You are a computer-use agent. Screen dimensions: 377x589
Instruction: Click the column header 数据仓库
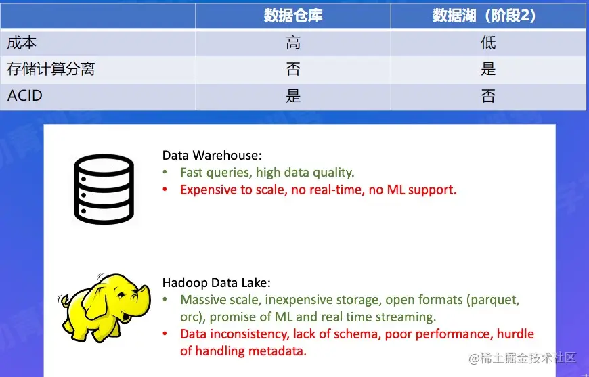tap(293, 16)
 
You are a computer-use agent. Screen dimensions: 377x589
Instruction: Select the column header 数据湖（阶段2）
tap(488, 16)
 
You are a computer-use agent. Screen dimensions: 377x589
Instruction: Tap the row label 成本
tap(22, 43)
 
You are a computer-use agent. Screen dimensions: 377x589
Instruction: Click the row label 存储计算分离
tap(51, 69)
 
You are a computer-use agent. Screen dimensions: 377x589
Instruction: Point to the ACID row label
tap(25, 95)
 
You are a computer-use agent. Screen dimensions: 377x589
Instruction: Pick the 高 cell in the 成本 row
tap(293, 43)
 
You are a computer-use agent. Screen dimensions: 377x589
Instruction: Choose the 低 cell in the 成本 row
tap(488, 43)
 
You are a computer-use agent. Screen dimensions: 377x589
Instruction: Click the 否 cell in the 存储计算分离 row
tap(293, 69)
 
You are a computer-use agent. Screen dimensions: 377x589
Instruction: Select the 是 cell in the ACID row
tap(293, 95)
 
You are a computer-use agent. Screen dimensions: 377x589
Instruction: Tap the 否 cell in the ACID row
tap(488, 95)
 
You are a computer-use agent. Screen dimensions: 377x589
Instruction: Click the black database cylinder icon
tap(104, 189)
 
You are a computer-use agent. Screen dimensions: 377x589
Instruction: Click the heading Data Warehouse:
tap(211, 155)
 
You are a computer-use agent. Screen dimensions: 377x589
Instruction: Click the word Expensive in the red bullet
tap(206, 190)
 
